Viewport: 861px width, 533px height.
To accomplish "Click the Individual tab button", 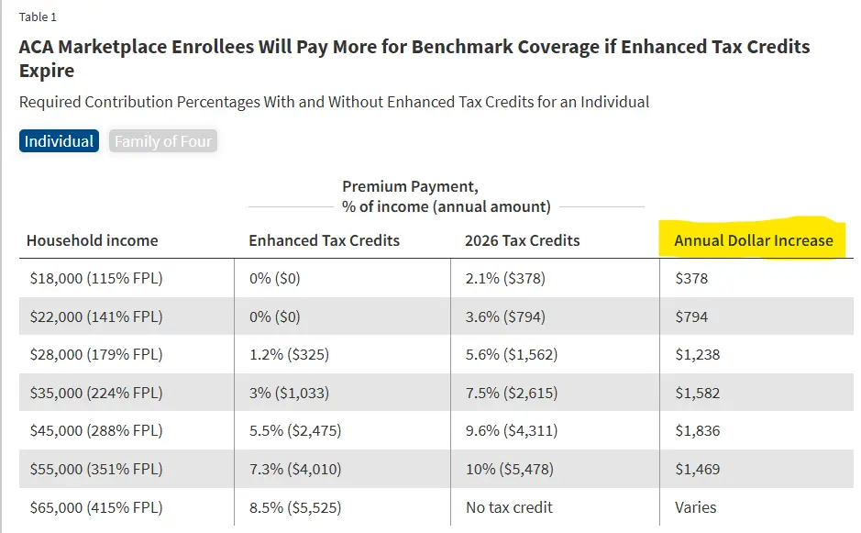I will click(59, 141).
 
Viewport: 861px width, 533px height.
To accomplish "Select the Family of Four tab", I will click(163, 141).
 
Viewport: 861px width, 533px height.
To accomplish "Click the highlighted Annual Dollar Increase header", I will click(753, 240).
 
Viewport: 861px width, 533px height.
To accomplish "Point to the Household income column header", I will click(92, 240).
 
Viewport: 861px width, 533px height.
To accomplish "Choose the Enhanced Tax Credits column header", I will click(324, 240).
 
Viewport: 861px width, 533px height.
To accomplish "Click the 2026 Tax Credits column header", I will click(522, 240).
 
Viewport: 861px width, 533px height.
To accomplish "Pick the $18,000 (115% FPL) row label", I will click(94, 278).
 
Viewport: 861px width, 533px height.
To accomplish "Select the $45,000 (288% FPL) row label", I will click(94, 430).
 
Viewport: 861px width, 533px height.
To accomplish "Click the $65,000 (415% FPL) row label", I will click(94, 506).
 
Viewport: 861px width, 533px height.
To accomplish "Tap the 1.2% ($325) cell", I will click(289, 354).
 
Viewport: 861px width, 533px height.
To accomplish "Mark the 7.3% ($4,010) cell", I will click(294, 469).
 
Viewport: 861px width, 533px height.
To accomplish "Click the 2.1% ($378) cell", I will click(504, 278).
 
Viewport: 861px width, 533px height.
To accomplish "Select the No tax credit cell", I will click(509, 506).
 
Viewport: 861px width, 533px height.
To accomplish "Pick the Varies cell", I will click(695, 506).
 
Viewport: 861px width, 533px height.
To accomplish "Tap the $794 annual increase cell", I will click(691, 316).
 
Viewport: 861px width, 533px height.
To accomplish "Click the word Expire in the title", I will click(47, 71).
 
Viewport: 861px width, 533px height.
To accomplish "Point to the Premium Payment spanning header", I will click(410, 187).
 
